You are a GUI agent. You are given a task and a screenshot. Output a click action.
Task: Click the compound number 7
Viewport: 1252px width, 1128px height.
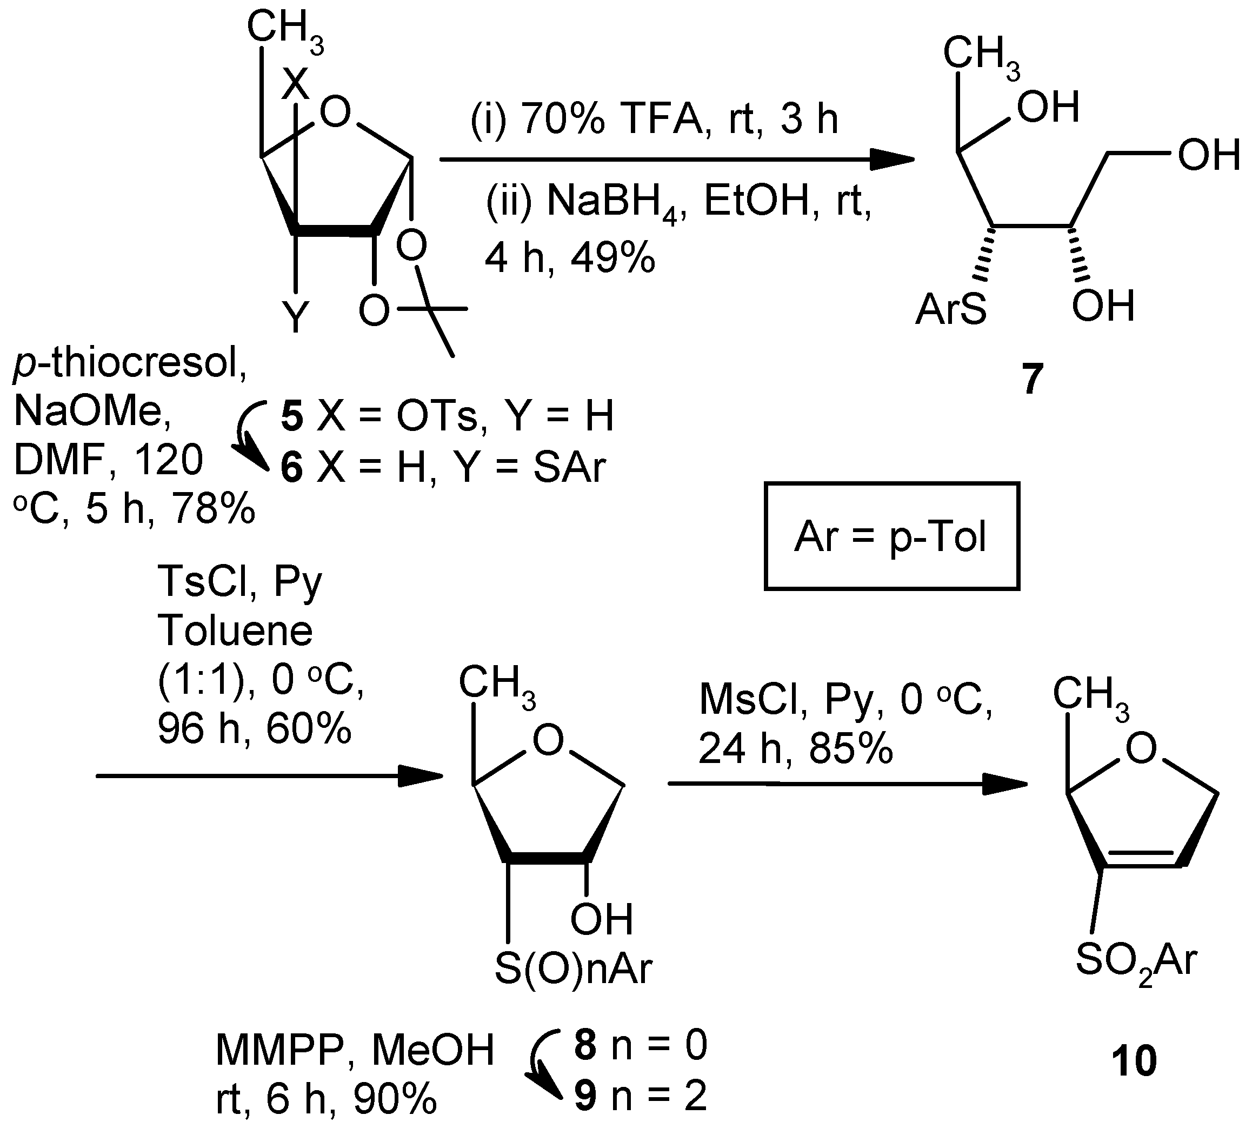click(1031, 379)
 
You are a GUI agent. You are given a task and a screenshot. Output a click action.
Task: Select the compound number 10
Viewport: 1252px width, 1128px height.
click(1134, 1060)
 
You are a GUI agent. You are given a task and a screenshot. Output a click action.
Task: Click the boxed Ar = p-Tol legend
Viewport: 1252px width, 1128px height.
click(891, 536)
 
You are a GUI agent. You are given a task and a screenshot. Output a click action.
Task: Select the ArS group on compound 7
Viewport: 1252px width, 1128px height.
click(951, 309)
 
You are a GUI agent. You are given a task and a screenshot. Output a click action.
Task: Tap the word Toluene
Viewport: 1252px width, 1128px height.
click(235, 631)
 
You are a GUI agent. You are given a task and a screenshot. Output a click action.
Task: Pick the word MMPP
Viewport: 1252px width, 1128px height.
click(279, 1051)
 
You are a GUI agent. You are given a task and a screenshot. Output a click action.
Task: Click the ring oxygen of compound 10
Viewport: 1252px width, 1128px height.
click(1141, 748)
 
